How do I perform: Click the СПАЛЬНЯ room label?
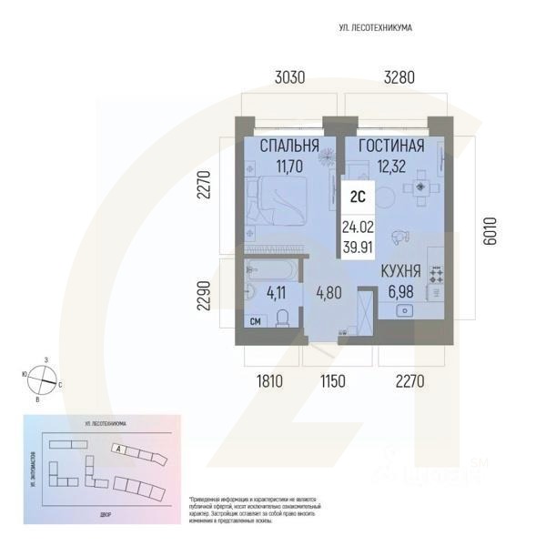[288, 147]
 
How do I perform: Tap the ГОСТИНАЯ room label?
[391, 147]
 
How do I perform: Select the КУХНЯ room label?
[400, 270]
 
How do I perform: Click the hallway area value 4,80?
[329, 294]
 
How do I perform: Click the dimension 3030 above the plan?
[289, 77]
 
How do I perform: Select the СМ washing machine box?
[256, 320]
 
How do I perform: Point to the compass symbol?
[43, 377]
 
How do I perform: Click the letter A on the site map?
[117, 449]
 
